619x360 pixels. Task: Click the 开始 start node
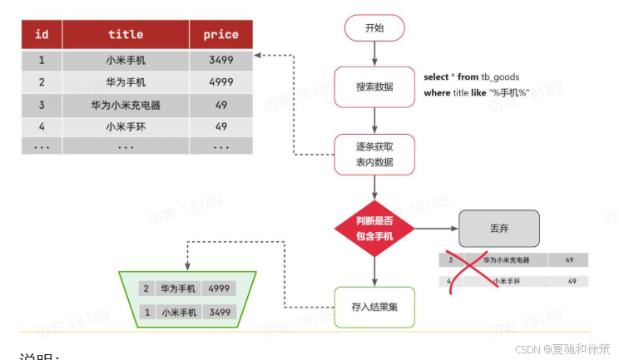(x=374, y=27)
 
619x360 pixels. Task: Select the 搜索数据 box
(x=374, y=86)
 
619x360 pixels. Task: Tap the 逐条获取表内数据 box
(x=374, y=155)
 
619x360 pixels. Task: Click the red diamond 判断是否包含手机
(x=374, y=228)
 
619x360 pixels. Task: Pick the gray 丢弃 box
(x=499, y=227)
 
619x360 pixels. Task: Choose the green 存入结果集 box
(x=374, y=307)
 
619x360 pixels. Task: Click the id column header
(x=42, y=35)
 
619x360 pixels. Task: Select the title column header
(x=126, y=35)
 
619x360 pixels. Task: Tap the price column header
(x=220, y=35)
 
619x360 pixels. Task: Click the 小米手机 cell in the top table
(x=126, y=60)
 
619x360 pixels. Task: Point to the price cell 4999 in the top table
(x=220, y=82)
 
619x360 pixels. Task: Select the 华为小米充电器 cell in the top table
(x=126, y=106)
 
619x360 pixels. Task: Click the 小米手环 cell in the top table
(x=126, y=126)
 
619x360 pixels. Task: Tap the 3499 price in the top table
(x=220, y=60)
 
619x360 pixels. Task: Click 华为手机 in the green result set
(x=178, y=288)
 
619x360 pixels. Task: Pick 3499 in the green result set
(x=219, y=313)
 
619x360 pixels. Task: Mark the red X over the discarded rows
(x=470, y=269)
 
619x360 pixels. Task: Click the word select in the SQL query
(x=436, y=76)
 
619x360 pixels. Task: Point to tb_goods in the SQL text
(x=501, y=76)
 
